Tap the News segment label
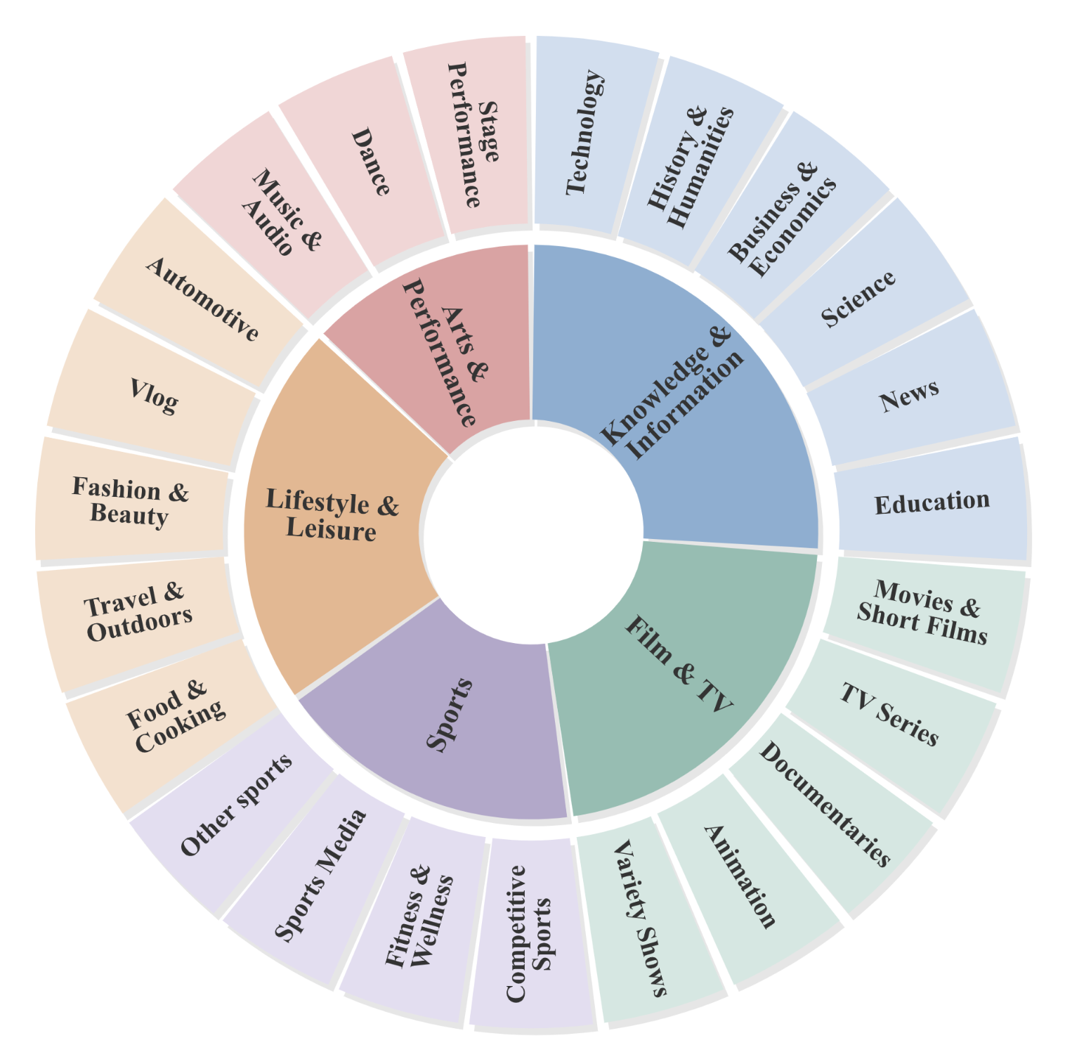pyautogui.click(x=909, y=396)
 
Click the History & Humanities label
pyautogui.click(x=690, y=168)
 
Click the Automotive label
pyautogui.click(x=202, y=299)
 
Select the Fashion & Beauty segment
pyautogui.click(x=132, y=500)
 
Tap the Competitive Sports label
pyautogui.click(x=529, y=933)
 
